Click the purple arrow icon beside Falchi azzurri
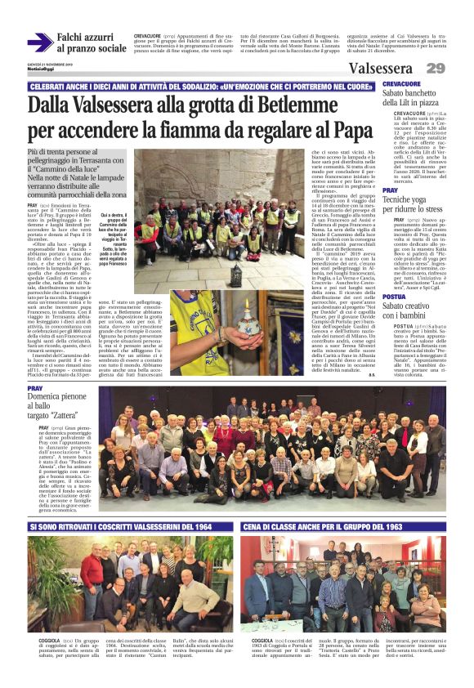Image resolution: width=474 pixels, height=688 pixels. pos(39,42)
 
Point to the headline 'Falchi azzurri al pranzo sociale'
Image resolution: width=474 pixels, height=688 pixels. pos(92,42)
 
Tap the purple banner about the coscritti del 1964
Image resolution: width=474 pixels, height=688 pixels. pos(131,527)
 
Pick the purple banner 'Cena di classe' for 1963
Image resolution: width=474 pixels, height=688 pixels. pos(343,527)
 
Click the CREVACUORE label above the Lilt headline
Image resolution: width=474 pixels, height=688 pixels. pos(401,84)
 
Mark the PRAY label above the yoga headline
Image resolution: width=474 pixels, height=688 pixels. pos(390,190)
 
